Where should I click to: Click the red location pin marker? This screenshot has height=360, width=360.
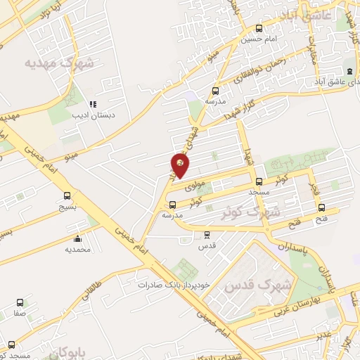click(181, 165)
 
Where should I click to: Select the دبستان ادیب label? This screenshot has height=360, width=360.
click(96, 115)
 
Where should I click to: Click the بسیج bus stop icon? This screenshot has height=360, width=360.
click(67, 197)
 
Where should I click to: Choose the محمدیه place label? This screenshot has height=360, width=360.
click(79, 249)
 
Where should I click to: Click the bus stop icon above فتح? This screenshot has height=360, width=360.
click(321, 207)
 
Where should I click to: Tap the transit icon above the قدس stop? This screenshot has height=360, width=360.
click(207, 236)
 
